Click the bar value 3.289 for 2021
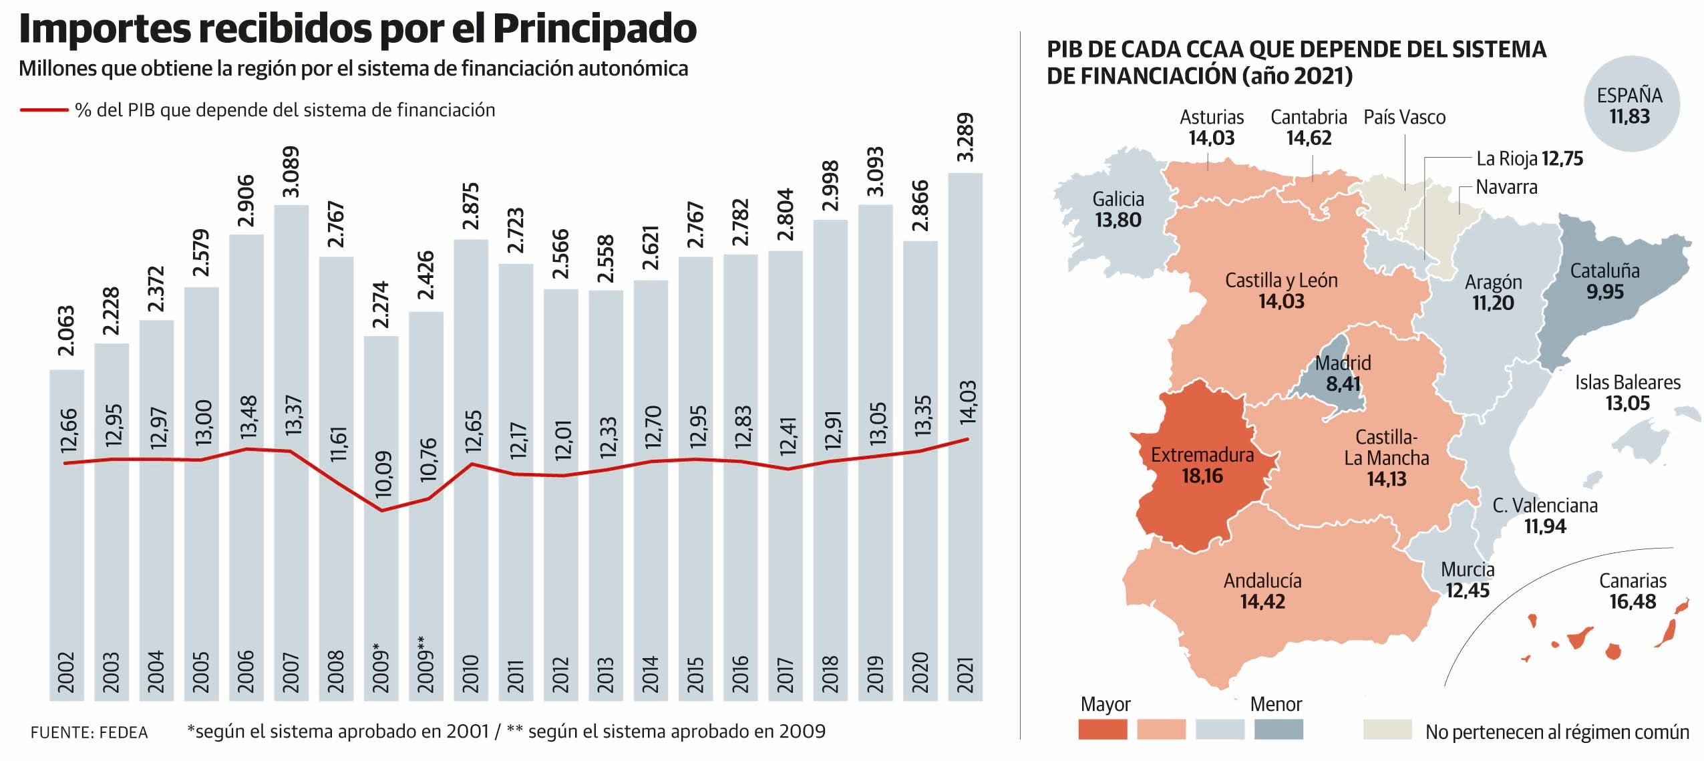(965, 137)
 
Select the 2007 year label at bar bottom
(291, 671)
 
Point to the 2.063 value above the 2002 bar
(66, 331)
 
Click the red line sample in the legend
(44, 110)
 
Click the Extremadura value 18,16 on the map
(1202, 476)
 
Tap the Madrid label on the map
(1343, 363)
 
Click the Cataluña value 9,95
(1604, 292)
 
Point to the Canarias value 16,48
(1632, 601)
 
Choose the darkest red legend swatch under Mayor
(1102, 729)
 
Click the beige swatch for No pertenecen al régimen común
(1387, 729)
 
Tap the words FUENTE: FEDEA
(89, 733)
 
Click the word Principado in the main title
(594, 29)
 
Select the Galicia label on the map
(1118, 199)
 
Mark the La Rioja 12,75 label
(1529, 159)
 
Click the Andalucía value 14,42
(1262, 601)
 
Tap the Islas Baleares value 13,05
(1627, 403)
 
